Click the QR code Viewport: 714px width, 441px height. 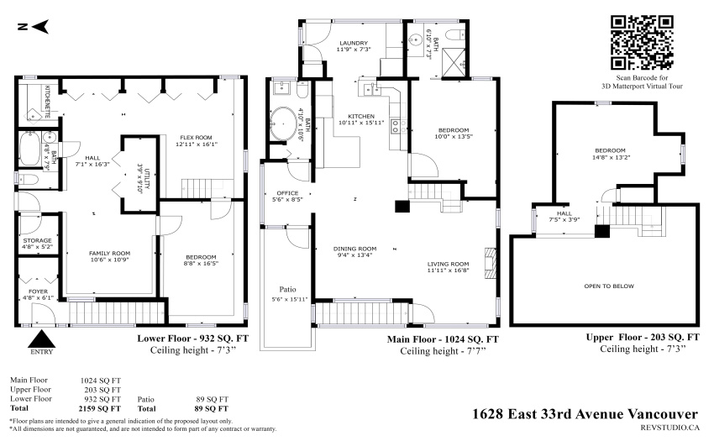[641, 43]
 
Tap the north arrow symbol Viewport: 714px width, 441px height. [34, 27]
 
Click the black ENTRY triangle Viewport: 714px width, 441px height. [41, 339]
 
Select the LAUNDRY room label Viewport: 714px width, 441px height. [354, 44]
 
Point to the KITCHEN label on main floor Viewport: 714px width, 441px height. [361, 116]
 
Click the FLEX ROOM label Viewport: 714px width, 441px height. [196, 138]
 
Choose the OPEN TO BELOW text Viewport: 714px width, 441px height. [609, 286]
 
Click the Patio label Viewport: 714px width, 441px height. [287, 289]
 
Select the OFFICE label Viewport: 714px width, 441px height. [287, 193]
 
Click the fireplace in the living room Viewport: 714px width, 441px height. [490, 263]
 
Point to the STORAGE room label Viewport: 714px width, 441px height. [37, 240]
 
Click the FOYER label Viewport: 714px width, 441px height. [39, 291]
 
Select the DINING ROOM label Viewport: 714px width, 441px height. [354, 249]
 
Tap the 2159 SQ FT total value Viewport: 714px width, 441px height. [100, 408]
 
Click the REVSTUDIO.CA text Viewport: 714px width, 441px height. [669, 428]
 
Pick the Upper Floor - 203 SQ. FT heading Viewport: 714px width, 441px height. [643, 338]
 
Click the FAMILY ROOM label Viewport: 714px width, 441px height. [109, 254]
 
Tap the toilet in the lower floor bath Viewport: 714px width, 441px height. [28, 180]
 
